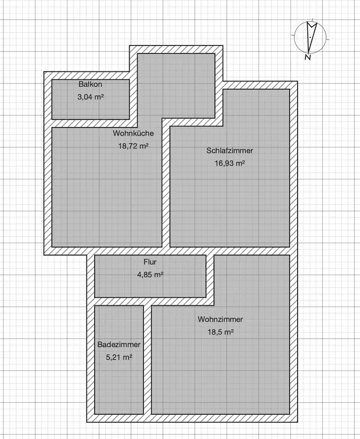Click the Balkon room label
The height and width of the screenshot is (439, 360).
(x=90, y=85)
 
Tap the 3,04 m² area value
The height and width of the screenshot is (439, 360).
(x=90, y=97)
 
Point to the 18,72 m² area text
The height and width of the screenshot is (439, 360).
(x=133, y=146)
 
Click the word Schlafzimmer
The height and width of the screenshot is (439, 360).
(x=229, y=151)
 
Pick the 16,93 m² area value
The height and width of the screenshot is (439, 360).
(x=229, y=163)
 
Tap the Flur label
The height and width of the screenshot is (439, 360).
(x=150, y=262)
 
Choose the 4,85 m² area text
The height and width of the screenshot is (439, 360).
(x=150, y=275)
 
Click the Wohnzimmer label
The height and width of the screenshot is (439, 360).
(x=221, y=319)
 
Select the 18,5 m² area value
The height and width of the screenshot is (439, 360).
(x=221, y=332)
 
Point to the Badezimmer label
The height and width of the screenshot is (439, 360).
(x=119, y=344)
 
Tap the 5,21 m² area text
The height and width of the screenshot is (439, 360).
(x=119, y=357)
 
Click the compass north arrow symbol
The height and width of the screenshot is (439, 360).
(x=310, y=37)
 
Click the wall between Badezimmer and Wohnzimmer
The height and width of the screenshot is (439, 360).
(x=148, y=360)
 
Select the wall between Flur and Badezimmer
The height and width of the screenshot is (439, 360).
(x=119, y=301)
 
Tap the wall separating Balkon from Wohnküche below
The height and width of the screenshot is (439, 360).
(x=90, y=123)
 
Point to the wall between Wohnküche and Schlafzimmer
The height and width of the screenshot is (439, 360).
(x=166, y=185)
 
